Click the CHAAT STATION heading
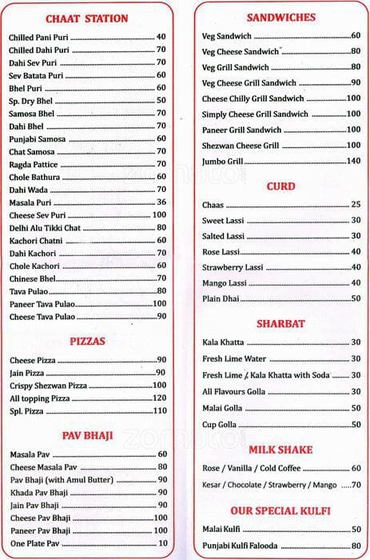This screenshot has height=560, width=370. (87, 18)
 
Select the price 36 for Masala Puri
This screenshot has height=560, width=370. (161, 202)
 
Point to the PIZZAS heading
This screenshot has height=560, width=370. (88, 341)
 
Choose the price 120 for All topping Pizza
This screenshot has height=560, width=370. (159, 398)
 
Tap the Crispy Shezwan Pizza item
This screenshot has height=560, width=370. (48, 385)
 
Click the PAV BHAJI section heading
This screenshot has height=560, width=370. (87, 436)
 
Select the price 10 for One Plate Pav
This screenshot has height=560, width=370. (161, 543)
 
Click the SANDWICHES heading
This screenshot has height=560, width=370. (280, 17)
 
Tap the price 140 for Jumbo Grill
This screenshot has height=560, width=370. (352, 161)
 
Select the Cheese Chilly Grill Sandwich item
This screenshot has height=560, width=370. (253, 98)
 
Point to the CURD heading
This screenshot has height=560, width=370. (280, 186)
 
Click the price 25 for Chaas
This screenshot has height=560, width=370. (356, 205)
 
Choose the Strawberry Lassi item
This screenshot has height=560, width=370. (233, 267)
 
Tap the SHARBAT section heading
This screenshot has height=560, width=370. (280, 324)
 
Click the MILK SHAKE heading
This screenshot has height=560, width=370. (280, 450)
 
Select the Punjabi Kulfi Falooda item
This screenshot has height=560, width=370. (242, 544)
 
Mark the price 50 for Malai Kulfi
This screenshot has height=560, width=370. (355, 529)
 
